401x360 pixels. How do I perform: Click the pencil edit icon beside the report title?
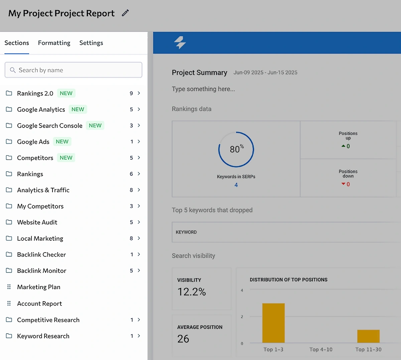tap(125, 13)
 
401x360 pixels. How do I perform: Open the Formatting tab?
tap(54, 43)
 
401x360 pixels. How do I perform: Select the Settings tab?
tap(91, 43)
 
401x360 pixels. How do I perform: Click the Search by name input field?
tap(74, 70)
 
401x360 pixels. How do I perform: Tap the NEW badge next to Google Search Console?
tap(95, 126)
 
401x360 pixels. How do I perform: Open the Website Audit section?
tap(37, 222)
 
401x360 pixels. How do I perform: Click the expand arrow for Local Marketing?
tap(139, 238)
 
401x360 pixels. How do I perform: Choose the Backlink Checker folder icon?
tap(9, 254)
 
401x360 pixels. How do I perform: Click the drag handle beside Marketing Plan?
tap(9, 287)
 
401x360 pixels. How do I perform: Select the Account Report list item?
tap(39, 304)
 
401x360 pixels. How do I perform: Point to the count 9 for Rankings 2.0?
tap(131, 94)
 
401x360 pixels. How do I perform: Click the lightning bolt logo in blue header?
tap(180, 42)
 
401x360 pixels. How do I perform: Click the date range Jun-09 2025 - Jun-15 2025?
tap(265, 72)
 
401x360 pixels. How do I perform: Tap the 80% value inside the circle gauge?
tap(236, 149)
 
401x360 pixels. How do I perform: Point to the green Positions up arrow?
tap(343, 146)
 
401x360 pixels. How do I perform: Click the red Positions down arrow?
tap(343, 184)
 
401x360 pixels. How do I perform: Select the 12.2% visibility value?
tap(191, 292)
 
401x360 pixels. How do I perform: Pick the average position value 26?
tap(183, 339)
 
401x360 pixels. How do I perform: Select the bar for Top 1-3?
tap(273, 323)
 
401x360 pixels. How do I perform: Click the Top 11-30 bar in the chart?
tap(368, 336)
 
